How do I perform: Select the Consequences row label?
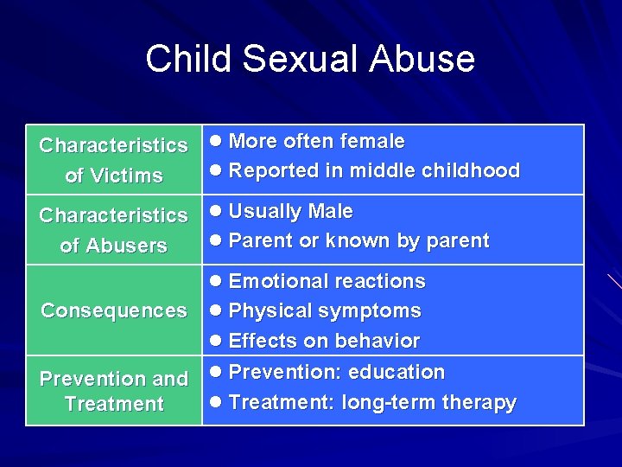[114, 310]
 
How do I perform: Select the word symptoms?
[377, 310]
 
